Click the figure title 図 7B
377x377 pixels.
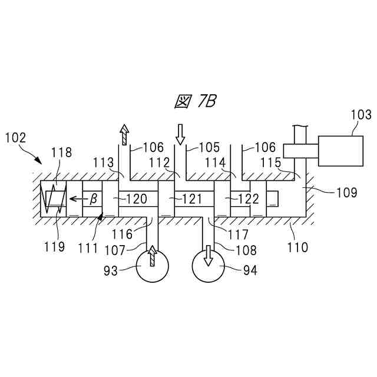click(196, 102)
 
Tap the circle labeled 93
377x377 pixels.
click(152, 268)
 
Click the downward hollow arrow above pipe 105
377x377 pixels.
click(180, 134)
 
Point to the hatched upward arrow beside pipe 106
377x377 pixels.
click(124, 134)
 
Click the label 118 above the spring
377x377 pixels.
click(61, 153)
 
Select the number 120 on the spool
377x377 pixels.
click(137, 199)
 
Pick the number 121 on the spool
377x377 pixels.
click(192, 199)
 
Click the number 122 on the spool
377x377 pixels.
click(248, 199)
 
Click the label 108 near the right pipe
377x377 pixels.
click(246, 250)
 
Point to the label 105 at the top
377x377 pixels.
click(209, 147)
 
